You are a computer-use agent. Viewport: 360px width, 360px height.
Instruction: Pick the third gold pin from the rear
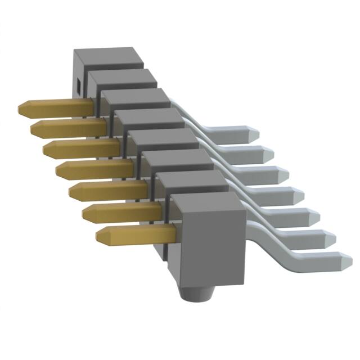click(79, 148)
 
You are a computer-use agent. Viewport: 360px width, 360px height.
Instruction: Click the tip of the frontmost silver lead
click(344, 260)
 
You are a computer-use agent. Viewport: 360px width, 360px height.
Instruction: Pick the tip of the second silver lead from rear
click(270, 152)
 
